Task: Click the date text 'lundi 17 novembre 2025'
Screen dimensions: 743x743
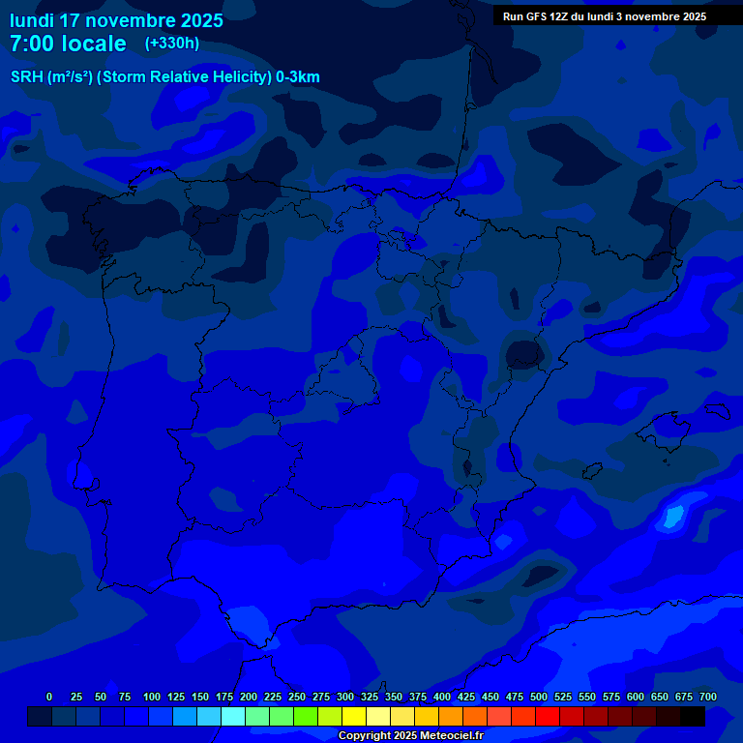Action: pos(116,20)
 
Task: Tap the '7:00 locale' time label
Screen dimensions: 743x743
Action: pos(68,44)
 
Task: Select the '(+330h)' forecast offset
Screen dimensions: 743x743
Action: pos(172,43)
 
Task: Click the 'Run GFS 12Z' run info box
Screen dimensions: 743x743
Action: pos(604,16)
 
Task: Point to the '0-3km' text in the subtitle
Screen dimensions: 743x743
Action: pos(298,77)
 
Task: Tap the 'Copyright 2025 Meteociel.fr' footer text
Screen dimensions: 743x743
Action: pos(410,735)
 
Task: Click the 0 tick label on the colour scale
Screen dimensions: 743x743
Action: pos(49,697)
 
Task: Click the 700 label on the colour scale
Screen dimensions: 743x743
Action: pos(708,697)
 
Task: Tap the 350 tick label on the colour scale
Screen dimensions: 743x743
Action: pos(394,697)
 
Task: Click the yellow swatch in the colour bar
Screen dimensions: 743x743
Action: pos(354,717)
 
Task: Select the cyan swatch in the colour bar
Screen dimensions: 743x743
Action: pos(233,717)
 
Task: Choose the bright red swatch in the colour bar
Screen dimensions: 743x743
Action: pos(548,717)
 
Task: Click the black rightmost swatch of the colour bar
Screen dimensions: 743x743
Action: pos(693,717)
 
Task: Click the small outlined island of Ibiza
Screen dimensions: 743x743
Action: pos(592,470)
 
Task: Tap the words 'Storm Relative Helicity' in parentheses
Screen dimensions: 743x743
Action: pos(183,77)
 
